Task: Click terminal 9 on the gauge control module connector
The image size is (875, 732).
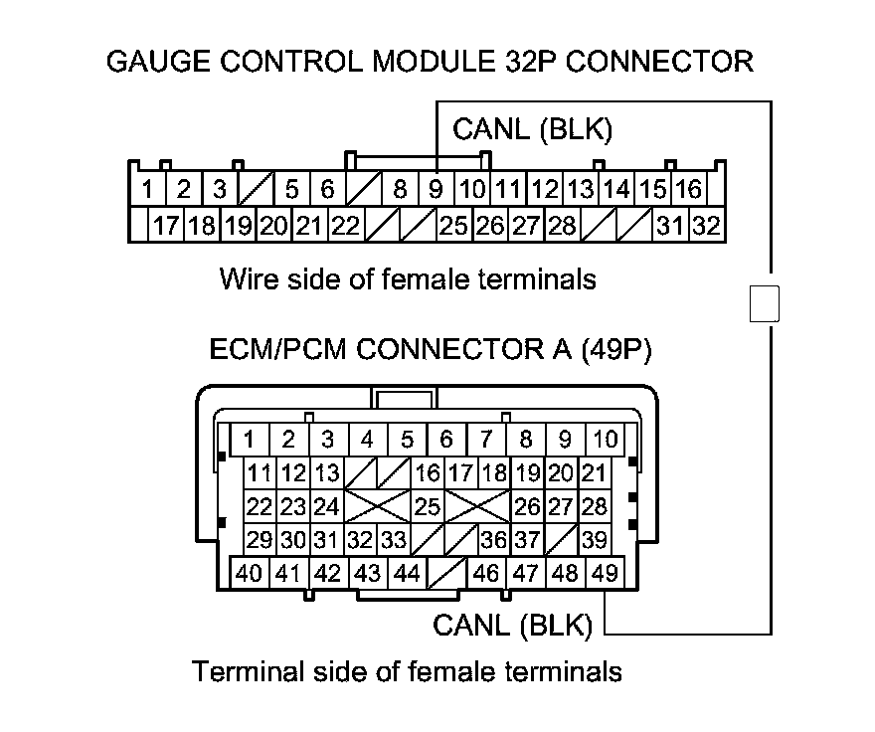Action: (x=436, y=189)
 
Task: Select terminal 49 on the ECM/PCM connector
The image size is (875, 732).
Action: (x=602, y=573)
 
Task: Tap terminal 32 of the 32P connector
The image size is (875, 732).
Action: (x=706, y=226)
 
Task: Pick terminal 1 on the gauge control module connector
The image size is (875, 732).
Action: (x=146, y=189)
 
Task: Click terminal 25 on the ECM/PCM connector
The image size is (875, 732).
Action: (x=427, y=506)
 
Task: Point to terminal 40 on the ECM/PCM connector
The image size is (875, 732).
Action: (x=250, y=573)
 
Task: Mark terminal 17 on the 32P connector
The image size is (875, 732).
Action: (x=165, y=226)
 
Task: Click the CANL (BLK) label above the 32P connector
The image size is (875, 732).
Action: (x=532, y=129)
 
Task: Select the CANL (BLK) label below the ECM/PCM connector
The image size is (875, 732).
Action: (x=513, y=626)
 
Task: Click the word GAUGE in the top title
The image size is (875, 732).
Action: (x=151, y=62)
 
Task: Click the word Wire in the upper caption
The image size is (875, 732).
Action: (x=246, y=278)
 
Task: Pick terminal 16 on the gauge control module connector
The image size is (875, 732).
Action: (x=688, y=189)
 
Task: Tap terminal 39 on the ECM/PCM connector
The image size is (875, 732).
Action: (x=595, y=540)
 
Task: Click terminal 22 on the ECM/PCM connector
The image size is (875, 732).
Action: (x=260, y=506)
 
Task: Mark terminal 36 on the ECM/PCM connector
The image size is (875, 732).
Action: (x=493, y=540)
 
